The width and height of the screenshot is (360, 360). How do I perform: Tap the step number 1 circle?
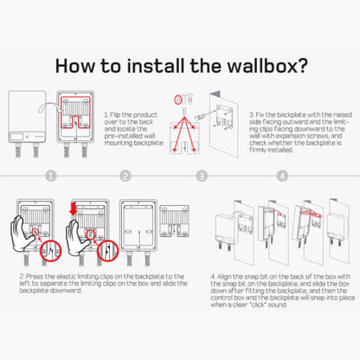pos(51,176)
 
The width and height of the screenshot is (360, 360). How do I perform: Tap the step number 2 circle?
pos(125,176)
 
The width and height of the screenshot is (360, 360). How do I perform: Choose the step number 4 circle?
pos(281,176)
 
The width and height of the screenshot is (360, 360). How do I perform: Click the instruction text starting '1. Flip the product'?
pos(130,125)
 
